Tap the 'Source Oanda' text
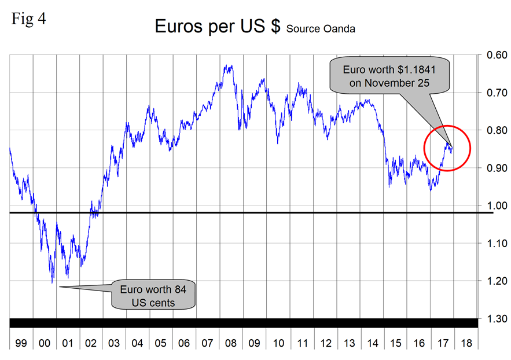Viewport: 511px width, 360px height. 321,28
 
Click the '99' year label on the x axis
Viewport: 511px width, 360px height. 21,343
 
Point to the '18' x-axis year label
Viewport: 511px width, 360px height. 466,343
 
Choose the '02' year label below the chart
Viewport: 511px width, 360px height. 91,343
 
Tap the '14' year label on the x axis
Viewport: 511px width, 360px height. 372,343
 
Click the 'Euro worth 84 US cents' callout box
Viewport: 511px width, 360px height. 155,295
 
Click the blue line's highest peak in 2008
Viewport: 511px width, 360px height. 228,66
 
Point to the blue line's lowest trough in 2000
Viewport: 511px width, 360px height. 53,282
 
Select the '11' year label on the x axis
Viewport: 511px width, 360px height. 302,343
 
